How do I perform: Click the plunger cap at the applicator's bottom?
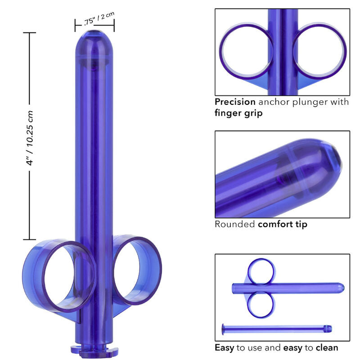pyautogui.click(x=94, y=349)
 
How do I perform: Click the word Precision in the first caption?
pyautogui.click(x=234, y=102)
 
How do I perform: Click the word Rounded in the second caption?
pyautogui.click(x=234, y=224)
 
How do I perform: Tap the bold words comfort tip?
pyautogui.click(x=283, y=224)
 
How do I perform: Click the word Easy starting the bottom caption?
pyautogui.click(x=225, y=347)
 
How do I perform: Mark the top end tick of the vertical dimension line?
pyautogui.click(x=30, y=33)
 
